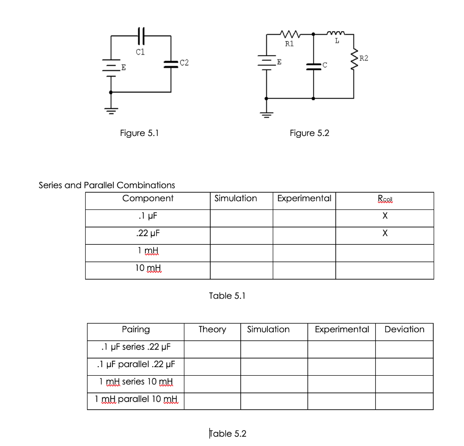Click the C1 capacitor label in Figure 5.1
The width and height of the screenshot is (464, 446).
pyautogui.click(x=140, y=52)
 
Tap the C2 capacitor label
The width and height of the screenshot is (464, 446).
pyautogui.click(x=184, y=62)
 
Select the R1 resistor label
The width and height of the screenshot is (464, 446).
pyautogui.click(x=289, y=44)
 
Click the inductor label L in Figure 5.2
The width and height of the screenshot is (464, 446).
pyautogui.click(x=337, y=41)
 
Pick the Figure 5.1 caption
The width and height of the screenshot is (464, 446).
pyautogui.click(x=139, y=133)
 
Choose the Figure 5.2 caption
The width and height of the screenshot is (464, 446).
pyautogui.click(x=309, y=133)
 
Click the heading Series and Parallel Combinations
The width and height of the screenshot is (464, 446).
pyautogui.click(x=107, y=185)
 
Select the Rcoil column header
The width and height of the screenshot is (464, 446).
pyautogui.click(x=384, y=199)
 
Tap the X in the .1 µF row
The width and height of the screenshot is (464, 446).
pyautogui.click(x=384, y=216)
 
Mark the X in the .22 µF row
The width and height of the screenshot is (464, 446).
pyautogui.click(x=384, y=234)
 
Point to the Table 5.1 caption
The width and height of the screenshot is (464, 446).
pyautogui.click(x=227, y=296)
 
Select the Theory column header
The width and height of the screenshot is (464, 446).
pyautogui.click(x=212, y=330)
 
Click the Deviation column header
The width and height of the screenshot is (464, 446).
pyautogui.click(x=404, y=330)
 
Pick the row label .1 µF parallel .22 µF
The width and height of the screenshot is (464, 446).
pyautogui.click(x=136, y=364)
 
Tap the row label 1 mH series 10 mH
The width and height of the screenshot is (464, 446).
pyautogui.click(x=136, y=382)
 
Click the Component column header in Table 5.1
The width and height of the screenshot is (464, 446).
pyautogui.click(x=148, y=199)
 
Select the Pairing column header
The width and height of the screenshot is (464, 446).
pyautogui.click(x=136, y=330)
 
